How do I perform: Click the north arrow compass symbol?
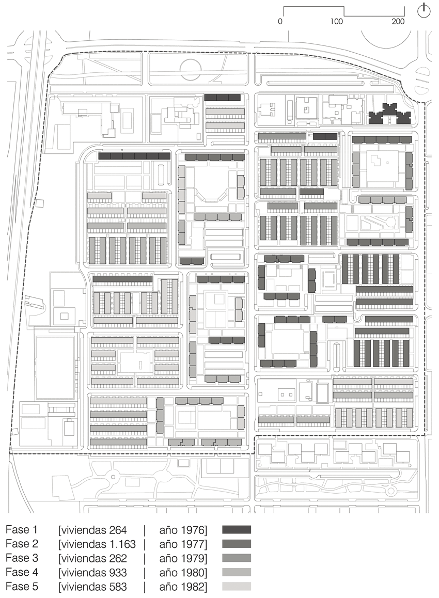424,11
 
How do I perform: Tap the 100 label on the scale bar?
337,21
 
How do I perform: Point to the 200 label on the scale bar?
398,21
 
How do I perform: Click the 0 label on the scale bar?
280,21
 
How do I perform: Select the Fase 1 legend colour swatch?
237,529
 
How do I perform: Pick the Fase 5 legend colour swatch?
237,586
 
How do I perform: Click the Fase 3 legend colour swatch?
237,558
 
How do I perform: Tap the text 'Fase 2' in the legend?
22,544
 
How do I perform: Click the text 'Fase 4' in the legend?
22,573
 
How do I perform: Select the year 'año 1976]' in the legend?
183,530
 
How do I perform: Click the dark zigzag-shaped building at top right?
389,115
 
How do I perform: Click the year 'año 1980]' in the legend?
183,573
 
